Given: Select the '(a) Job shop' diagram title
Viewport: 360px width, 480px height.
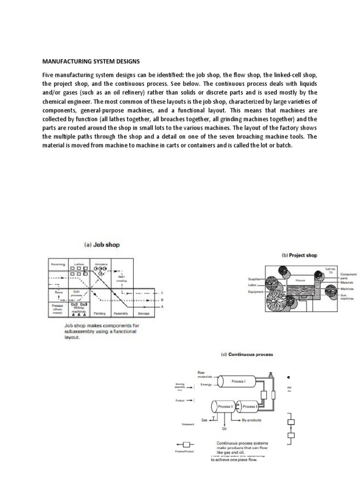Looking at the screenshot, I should coord(101,245).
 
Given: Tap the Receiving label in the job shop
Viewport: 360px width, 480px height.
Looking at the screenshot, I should coord(59,264).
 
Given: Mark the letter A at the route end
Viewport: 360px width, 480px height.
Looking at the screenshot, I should coord(162,307).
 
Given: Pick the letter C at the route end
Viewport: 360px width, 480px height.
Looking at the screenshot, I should coord(162,293).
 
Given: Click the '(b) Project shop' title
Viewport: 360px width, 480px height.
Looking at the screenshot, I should coord(299,255).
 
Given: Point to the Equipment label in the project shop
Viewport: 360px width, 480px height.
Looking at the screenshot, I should coord(256,292).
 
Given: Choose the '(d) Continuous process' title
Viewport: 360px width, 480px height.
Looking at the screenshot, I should coord(247,354).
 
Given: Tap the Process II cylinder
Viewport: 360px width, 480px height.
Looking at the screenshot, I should coord(225,406).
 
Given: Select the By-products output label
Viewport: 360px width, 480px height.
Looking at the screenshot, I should coord(252,420).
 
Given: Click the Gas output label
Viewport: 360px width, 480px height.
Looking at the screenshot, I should coord(204,420).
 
